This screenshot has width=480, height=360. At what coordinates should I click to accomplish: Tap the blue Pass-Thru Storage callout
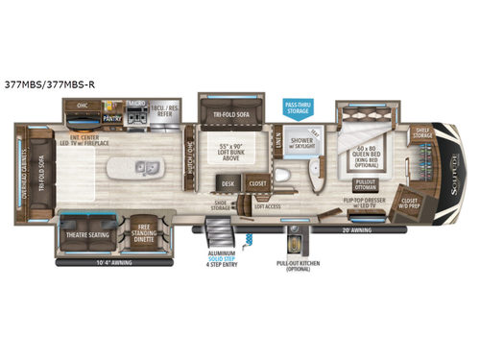(x=296, y=107)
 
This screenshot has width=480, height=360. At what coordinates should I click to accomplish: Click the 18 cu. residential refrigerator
(x=166, y=111)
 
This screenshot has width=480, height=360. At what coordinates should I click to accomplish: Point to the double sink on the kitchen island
(x=151, y=168)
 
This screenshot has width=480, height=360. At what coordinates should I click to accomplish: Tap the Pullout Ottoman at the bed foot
(x=365, y=183)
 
